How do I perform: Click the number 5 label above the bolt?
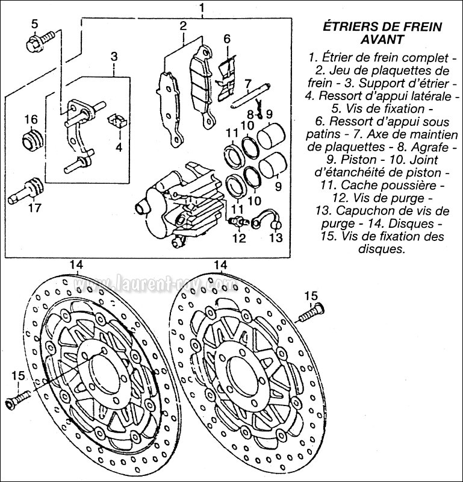(x=34, y=24)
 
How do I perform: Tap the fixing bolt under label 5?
(x=37, y=42)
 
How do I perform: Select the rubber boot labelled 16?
(x=31, y=142)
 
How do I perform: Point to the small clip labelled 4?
(x=116, y=120)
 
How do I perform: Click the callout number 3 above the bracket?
(x=113, y=57)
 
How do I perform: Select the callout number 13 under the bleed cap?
(x=275, y=237)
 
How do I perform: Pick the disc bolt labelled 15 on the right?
(x=312, y=312)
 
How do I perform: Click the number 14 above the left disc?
(x=76, y=264)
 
